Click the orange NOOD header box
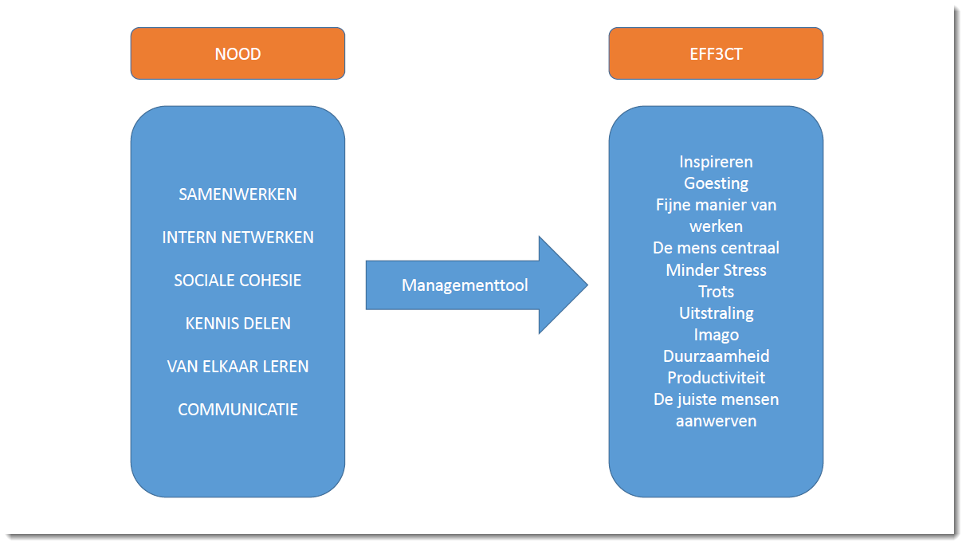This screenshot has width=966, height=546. pos(238,53)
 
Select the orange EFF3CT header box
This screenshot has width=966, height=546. pos(716,53)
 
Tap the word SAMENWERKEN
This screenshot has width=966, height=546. pos(238,194)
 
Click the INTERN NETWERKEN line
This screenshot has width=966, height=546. pos(238,238)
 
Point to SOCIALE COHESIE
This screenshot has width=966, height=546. pos(238,281)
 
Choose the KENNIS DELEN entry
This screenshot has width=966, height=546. pos(238,324)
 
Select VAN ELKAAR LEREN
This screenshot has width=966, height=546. pos(238,367)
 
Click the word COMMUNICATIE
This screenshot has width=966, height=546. pos(238,410)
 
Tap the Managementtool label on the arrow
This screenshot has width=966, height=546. pos(465,285)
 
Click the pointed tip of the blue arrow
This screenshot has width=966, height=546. pos(587,285)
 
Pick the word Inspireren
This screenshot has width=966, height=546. pos(716,162)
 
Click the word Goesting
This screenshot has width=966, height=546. pos(716,183)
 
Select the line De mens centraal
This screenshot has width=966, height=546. pos(716,248)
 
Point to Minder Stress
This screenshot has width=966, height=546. pos(716,270)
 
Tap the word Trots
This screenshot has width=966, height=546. pos(716,292)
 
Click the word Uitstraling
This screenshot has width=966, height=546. pos(716,313)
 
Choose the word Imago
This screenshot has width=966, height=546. pos(716,335)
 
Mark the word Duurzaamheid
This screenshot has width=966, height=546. pos(716,356)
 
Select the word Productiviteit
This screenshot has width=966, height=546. pos(716,378)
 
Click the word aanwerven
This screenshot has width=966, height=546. pos(716,422)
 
